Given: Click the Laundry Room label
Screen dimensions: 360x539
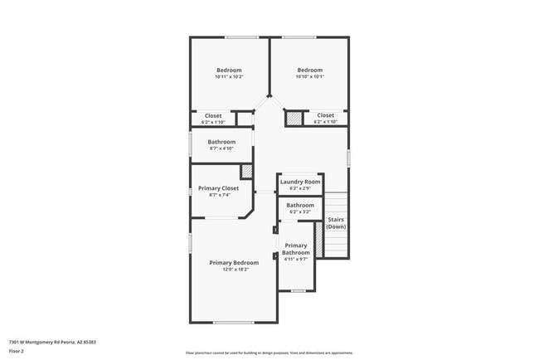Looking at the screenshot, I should point(300,182).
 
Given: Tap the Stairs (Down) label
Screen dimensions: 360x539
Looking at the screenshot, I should point(336,223).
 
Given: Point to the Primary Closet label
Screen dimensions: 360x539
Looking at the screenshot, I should point(219,188).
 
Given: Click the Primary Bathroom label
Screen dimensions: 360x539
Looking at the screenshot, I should point(295,249).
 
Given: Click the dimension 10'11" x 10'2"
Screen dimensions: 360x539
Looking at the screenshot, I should point(229,77).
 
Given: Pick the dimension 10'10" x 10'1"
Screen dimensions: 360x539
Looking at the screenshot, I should point(309,77).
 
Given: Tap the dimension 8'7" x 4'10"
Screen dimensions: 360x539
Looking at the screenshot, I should point(221,149).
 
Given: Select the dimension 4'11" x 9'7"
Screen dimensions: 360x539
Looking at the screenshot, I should point(295,260).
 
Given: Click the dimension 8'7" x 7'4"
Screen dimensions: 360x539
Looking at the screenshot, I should point(219,196).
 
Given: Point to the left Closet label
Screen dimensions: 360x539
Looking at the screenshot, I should point(213,115).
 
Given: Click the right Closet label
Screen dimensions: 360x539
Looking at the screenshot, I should point(325,115).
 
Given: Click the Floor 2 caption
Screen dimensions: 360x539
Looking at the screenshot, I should point(17,351).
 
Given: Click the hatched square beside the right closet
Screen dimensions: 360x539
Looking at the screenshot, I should point(294,119).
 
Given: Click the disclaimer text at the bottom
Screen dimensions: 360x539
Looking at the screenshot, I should point(269,353).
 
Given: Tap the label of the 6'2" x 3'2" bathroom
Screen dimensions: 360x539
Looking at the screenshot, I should point(300,205).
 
